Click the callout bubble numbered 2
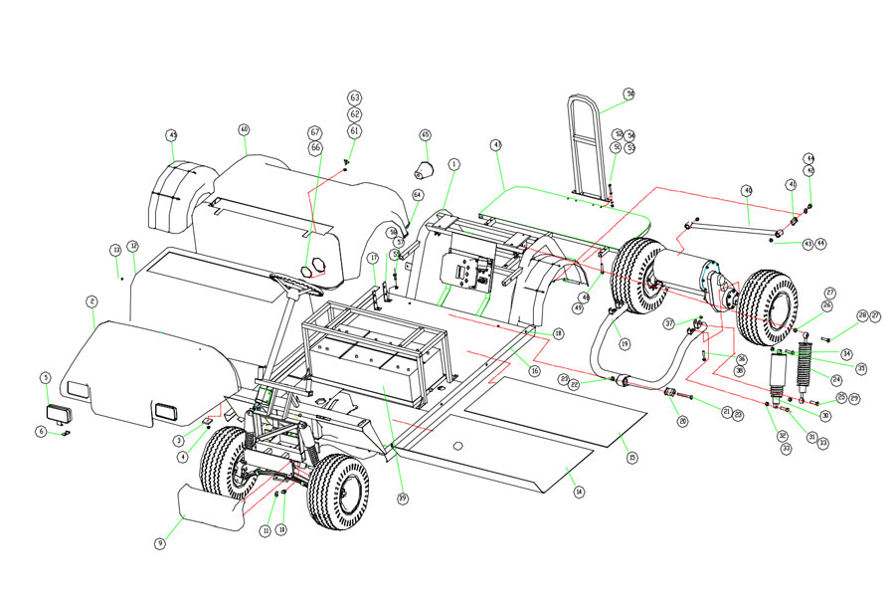tap(91, 300)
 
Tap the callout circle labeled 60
tap(244, 129)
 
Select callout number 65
tap(426, 134)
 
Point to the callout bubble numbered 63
tap(355, 98)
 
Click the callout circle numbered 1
tap(454, 163)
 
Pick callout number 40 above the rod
tap(747, 190)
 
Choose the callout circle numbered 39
tap(403, 497)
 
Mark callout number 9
tap(159, 543)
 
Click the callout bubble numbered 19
tap(625, 343)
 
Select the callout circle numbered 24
tap(836, 379)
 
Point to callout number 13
tap(115, 249)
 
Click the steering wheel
tap(295, 282)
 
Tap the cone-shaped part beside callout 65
tap(425, 170)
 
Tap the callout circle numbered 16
tap(534, 371)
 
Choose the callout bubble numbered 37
tap(669, 322)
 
